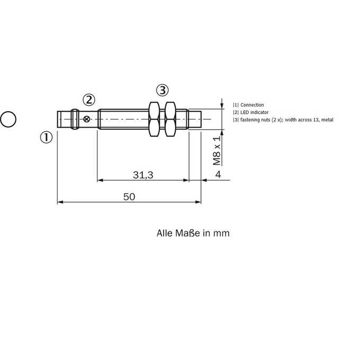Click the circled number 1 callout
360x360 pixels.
(47, 137)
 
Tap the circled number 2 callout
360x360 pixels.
(89, 100)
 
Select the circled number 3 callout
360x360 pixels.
(163, 90)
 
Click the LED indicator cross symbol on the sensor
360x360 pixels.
(86, 119)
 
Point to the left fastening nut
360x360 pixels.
(154, 119)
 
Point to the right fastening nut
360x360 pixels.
(170, 119)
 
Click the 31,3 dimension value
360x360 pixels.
(143, 175)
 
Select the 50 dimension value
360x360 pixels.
(129, 197)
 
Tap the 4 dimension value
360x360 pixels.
(218, 175)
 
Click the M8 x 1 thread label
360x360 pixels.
(217, 150)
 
